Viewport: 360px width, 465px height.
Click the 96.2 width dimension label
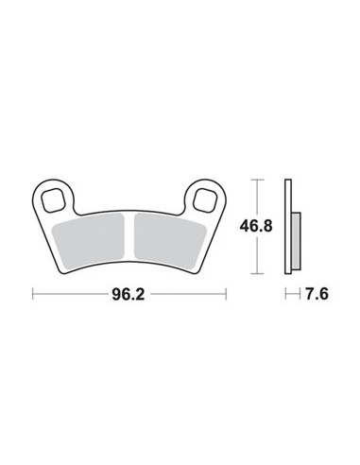128,295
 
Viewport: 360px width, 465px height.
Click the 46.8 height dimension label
256,226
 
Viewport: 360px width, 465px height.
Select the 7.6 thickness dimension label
317,294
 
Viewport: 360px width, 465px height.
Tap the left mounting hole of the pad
54,200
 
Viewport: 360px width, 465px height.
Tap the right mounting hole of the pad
205,200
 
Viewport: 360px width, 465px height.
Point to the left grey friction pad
89,239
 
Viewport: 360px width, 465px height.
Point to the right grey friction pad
170,241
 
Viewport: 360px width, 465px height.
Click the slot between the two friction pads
129,236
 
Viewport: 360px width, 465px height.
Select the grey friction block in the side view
296,241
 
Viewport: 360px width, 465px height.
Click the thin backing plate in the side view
288,227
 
